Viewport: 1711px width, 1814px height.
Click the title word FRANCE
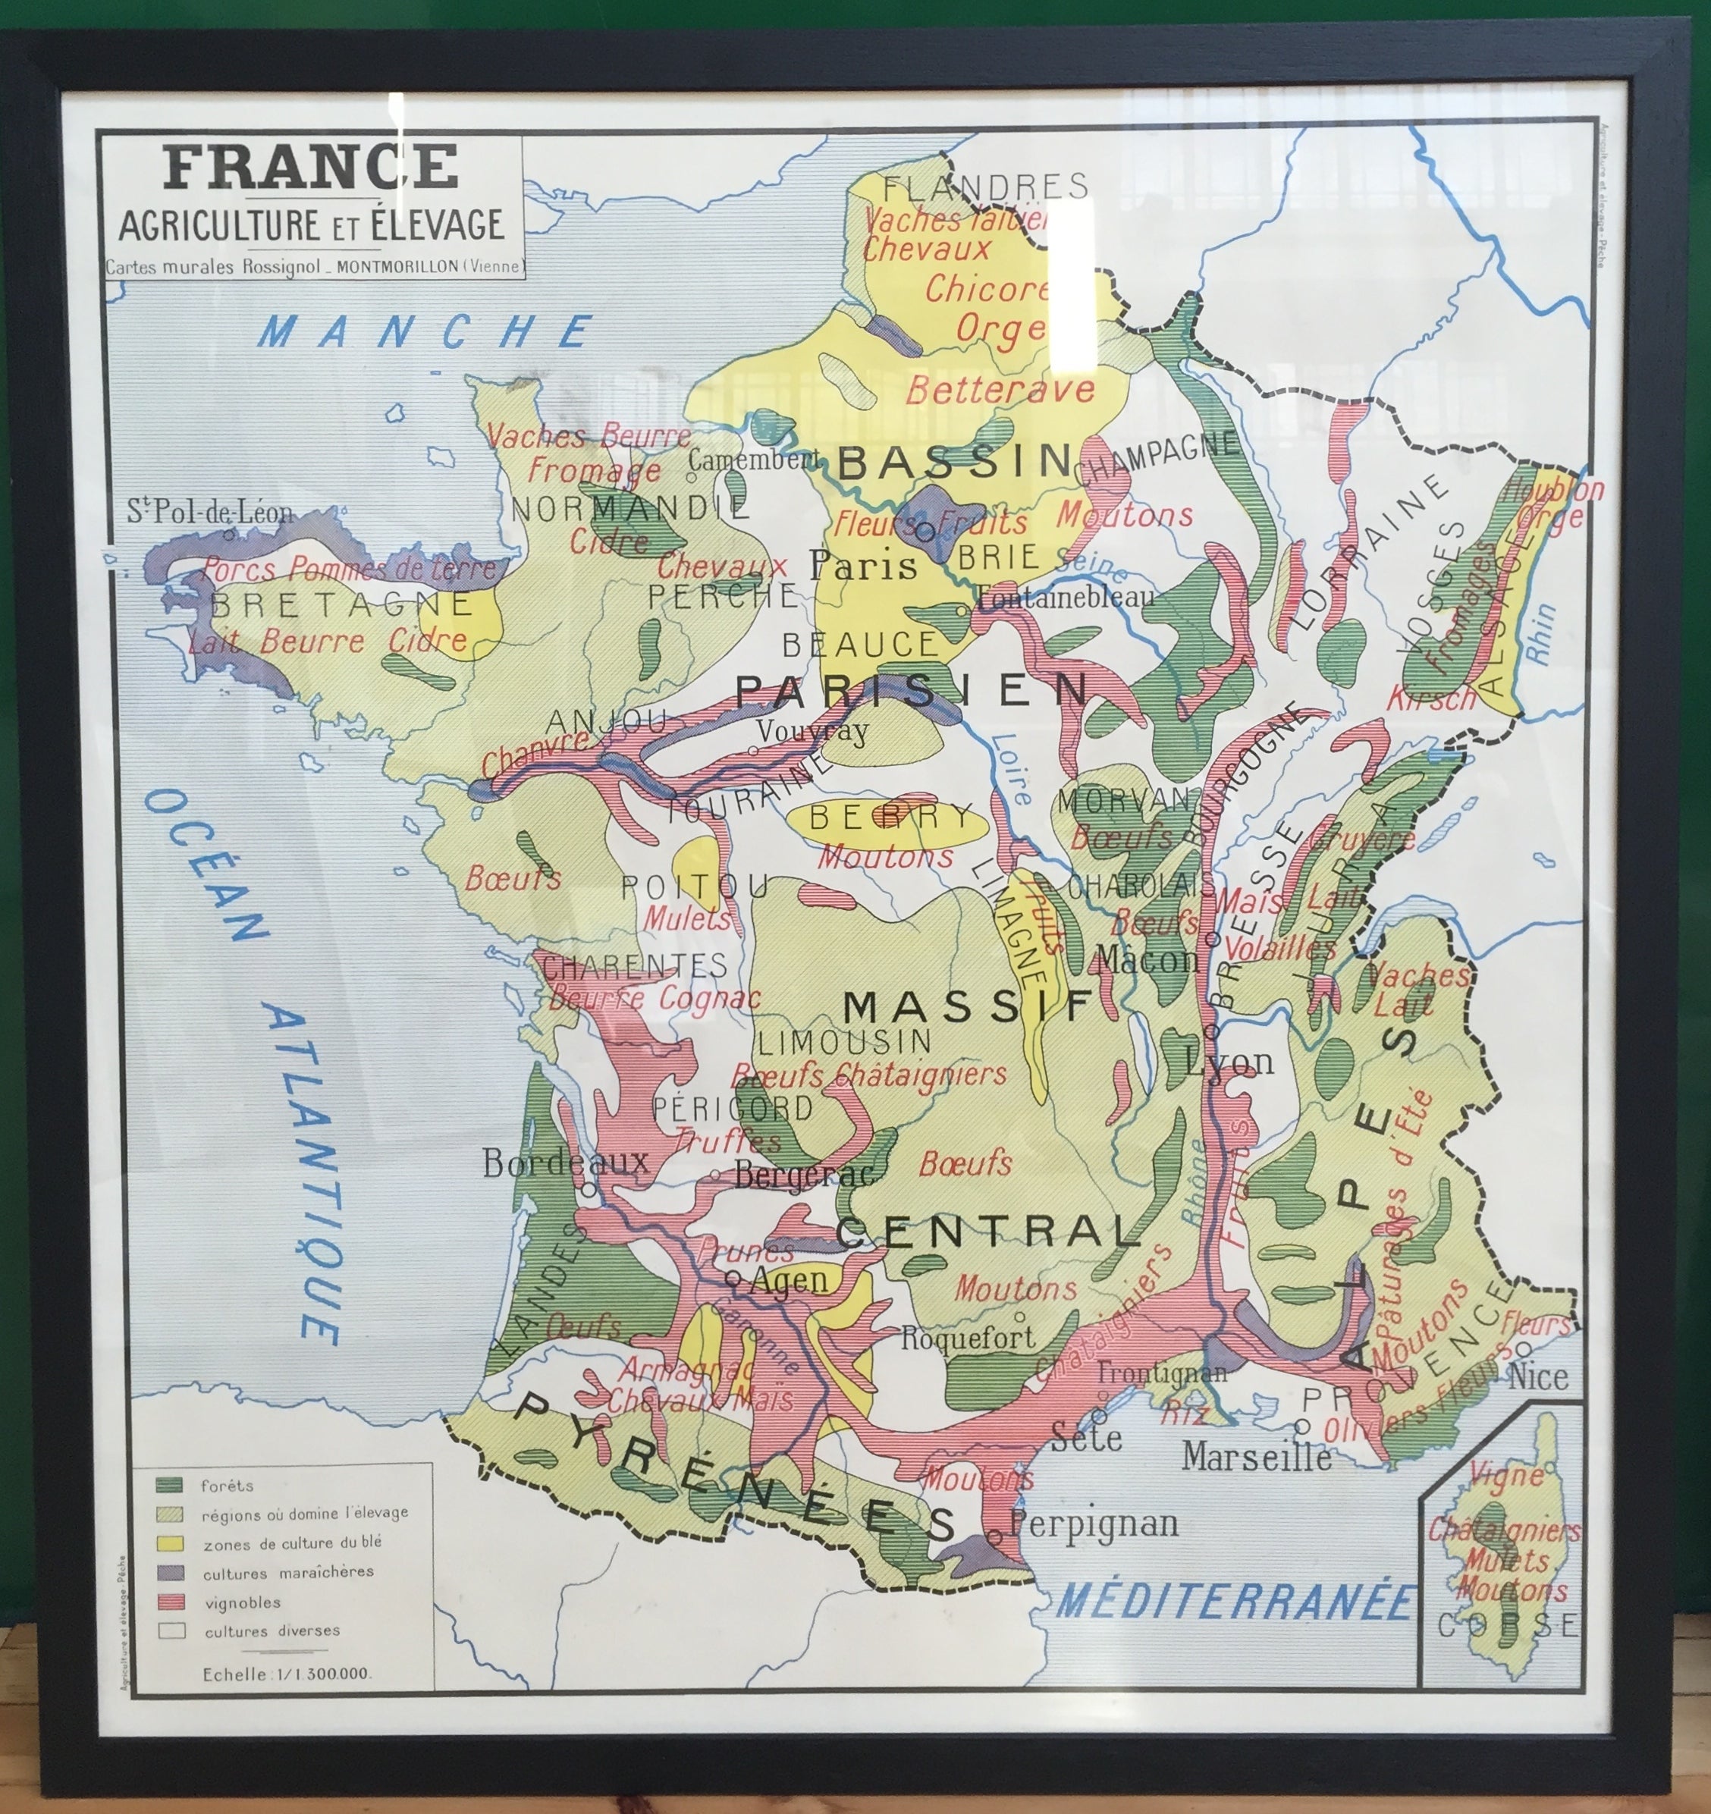[x=310, y=167]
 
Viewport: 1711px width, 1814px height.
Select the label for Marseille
[x=1257, y=1458]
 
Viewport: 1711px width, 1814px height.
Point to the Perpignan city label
[x=1094, y=1523]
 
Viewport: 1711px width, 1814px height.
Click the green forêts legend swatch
[x=171, y=1486]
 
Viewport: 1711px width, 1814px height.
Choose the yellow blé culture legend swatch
[x=171, y=1544]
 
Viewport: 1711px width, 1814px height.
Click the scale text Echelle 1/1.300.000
[x=286, y=1674]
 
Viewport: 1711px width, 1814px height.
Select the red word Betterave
[x=1000, y=391]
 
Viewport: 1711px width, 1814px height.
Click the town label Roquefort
[x=969, y=1339]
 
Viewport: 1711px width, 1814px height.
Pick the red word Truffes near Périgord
[x=728, y=1140]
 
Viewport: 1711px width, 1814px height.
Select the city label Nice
[x=1539, y=1377]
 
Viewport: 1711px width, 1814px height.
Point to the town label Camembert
[x=754, y=460]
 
